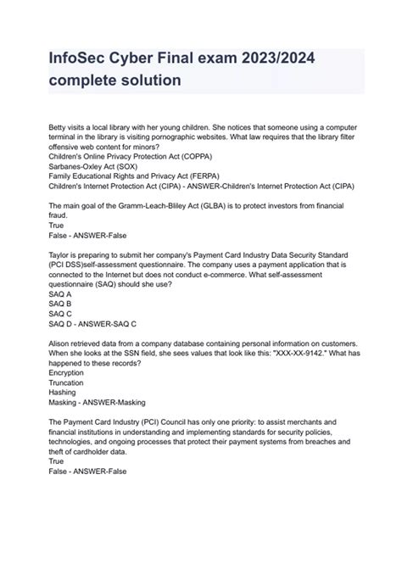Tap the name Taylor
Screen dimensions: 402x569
(62, 254)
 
